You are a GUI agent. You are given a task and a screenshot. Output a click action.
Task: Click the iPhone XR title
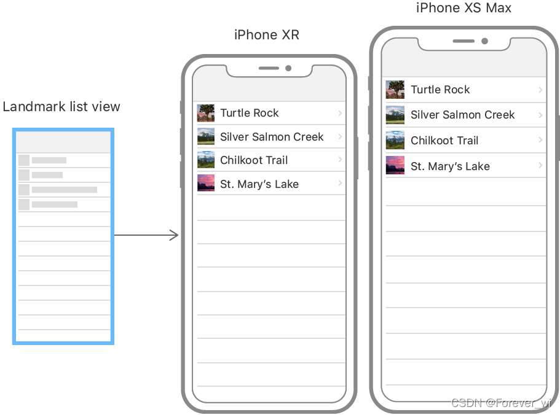click(266, 35)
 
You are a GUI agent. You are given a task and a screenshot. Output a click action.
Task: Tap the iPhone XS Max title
click(463, 8)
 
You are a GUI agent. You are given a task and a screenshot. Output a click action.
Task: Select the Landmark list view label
click(61, 107)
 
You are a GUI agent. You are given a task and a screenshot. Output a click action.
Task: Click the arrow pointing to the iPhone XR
click(146, 235)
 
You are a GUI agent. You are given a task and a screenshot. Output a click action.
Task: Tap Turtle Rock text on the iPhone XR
click(250, 113)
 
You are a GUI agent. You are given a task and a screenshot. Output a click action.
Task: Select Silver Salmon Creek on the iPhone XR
click(272, 136)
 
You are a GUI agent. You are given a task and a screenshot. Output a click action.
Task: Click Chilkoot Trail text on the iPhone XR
click(254, 160)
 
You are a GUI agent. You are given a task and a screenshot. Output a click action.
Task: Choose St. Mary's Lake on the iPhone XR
click(259, 184)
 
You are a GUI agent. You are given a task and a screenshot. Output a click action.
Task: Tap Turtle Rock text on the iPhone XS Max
click(440, 90)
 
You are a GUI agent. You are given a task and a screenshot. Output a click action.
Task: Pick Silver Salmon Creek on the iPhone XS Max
click(462, 115)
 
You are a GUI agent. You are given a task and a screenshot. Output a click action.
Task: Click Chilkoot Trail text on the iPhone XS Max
click(444, 141)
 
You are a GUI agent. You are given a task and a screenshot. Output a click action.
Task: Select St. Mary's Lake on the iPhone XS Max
click(450, 166)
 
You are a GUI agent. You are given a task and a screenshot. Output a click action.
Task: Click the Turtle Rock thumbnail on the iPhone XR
click(206, 113)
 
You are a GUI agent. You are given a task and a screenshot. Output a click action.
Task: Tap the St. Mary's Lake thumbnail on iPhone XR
click(206, 182)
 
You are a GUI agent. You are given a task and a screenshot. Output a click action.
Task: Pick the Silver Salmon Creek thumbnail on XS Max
click(395, 115)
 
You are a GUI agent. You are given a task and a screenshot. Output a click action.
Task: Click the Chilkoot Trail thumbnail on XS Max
click(395, 140)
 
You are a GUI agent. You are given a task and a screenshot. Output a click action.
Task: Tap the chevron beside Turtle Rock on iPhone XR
click(340, 113)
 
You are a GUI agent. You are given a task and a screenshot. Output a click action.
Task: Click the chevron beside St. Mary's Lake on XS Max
click(540, 165)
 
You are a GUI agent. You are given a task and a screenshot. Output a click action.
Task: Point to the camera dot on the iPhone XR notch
click(288, 68)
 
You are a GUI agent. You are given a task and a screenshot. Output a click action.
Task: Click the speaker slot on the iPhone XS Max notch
click(463, 41)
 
